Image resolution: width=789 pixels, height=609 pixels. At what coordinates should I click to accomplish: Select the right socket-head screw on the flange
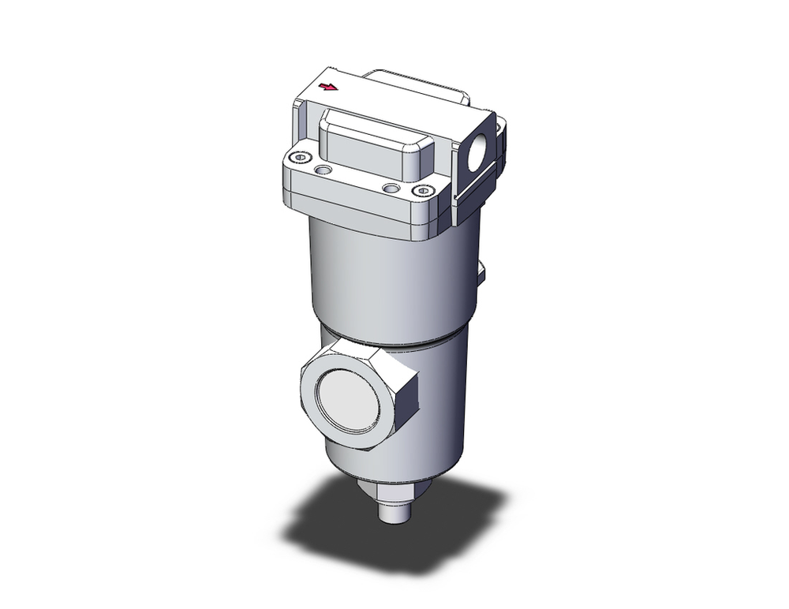click(426, 191)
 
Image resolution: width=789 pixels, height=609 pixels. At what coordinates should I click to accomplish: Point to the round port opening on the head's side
click(480, 153)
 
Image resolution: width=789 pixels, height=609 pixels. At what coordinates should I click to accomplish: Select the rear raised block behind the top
click(418, 87)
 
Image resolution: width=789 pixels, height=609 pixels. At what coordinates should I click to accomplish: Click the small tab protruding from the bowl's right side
click(481, 273)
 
